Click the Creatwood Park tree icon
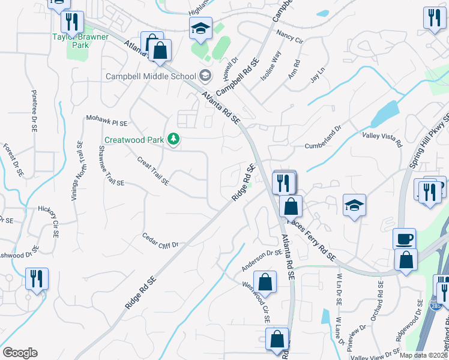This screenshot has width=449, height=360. tap(174, 139)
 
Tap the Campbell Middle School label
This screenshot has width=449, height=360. tap(151, 76)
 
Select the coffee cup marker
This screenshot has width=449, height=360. tap(403, 239)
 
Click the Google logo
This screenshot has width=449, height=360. tap(20, 353)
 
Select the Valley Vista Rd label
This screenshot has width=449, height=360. tap(381, 140)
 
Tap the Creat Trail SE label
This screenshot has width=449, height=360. tap(152, 170)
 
